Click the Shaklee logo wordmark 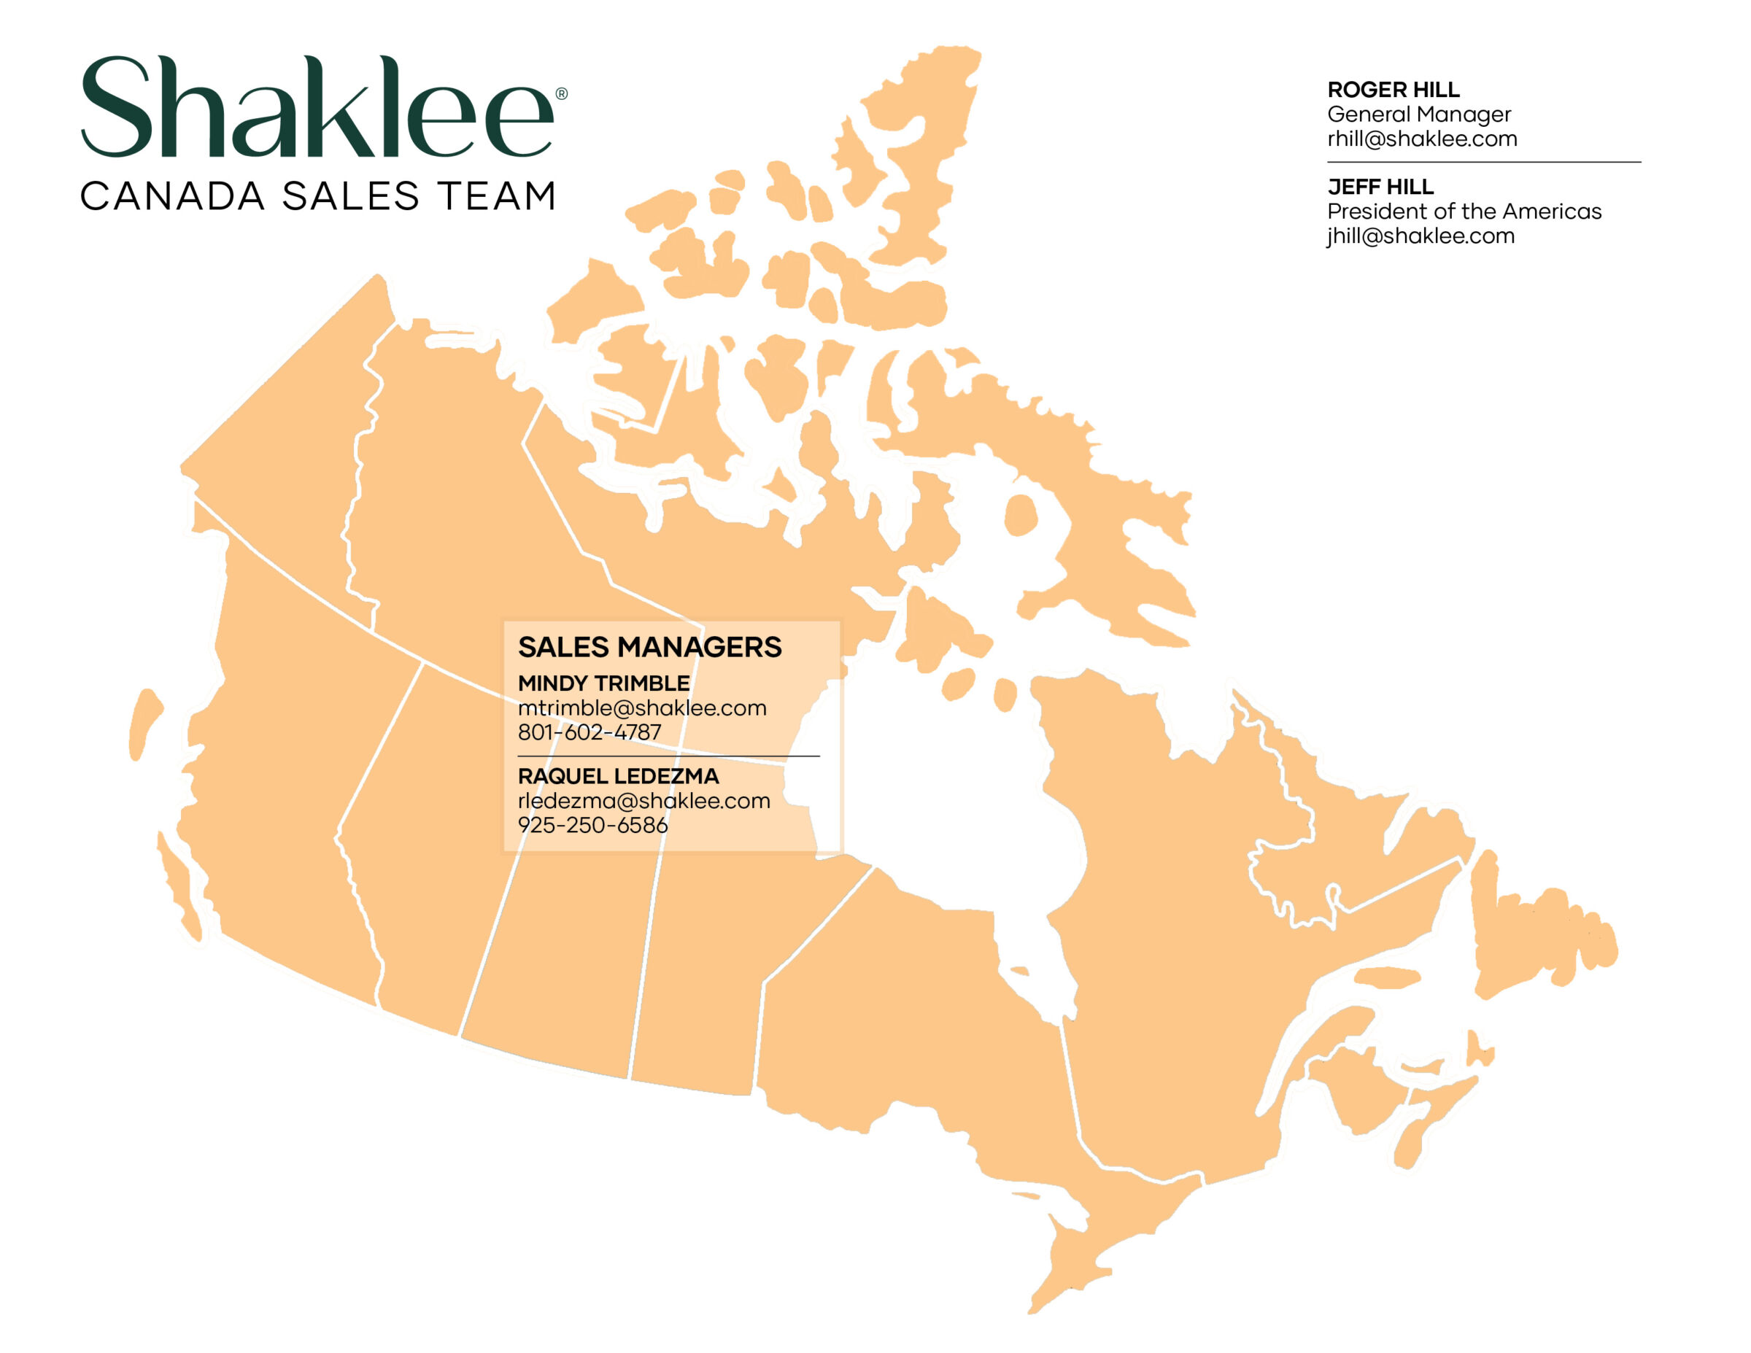point(317,106)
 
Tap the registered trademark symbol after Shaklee point(561,94)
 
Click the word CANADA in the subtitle point(172,196)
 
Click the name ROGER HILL point(1394,90)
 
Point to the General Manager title point(1418,115)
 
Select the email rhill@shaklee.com point(1421,139)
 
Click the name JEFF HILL point(1380,187)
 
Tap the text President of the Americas point(1464,212)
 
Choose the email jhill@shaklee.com point(1420,236)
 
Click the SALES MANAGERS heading point(649,647)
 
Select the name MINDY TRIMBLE point(603,683)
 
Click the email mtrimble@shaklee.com point(642,707)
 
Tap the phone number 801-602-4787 point(590,732)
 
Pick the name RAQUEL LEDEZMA point(618,776)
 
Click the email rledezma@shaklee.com point(643,800)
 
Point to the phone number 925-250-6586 point(592,825)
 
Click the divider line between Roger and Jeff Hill point(1483,162)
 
